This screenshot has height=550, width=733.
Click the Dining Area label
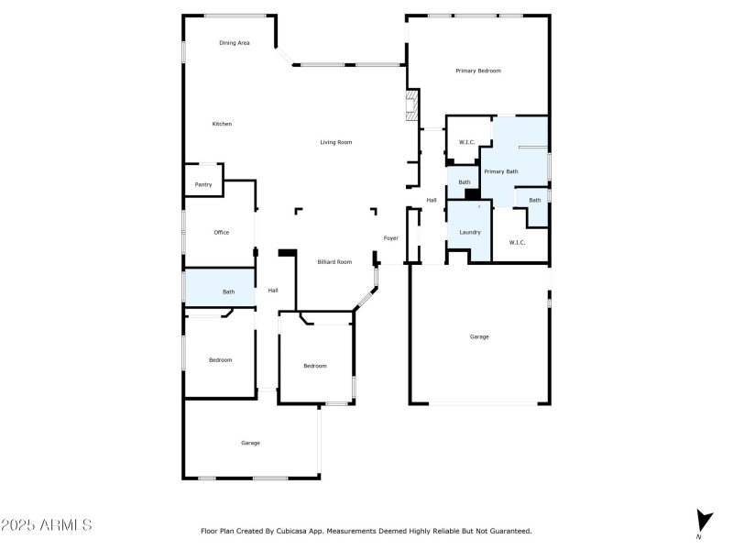(x=234, y=43)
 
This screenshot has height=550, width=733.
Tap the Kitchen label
(x=222, y=124)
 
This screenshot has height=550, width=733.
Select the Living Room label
(x=335, y=142)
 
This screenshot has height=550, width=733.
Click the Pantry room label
(x=203, y=184)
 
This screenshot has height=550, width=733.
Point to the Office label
(x=221, y=232)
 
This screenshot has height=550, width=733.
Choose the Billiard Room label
(x=334, y=262)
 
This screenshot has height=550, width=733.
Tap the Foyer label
(x=390, y=238)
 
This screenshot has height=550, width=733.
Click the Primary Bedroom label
(x=478, y=71)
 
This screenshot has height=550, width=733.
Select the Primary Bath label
(x=500, y=171)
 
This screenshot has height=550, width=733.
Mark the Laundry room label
(x=469, y=232)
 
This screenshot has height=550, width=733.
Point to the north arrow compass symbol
(x=703, y=520)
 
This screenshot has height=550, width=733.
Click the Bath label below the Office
(x=228, y=291)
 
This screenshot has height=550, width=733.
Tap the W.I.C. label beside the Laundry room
(x=517, y=242)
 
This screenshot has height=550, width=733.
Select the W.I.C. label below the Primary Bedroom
(x=466, y=143)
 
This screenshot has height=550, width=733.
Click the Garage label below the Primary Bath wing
(x=479, y=336)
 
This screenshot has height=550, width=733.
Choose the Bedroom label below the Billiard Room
(x=314, y=366)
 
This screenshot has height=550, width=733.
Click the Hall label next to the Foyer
(x=431, y=200)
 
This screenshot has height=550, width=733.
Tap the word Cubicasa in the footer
(x=308, y=531)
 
